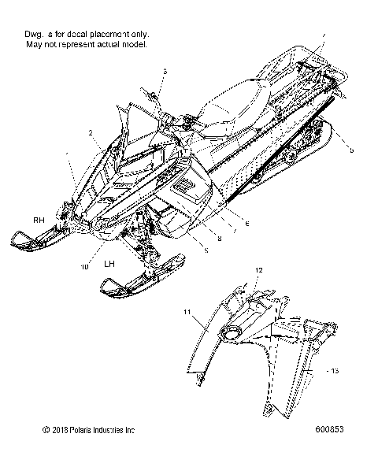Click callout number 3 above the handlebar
[x=165, y=72]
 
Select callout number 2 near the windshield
[x=91, y=132]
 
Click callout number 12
[x=258, y=270]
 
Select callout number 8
[x=219, y=239]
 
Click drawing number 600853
[x=328, y=431]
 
